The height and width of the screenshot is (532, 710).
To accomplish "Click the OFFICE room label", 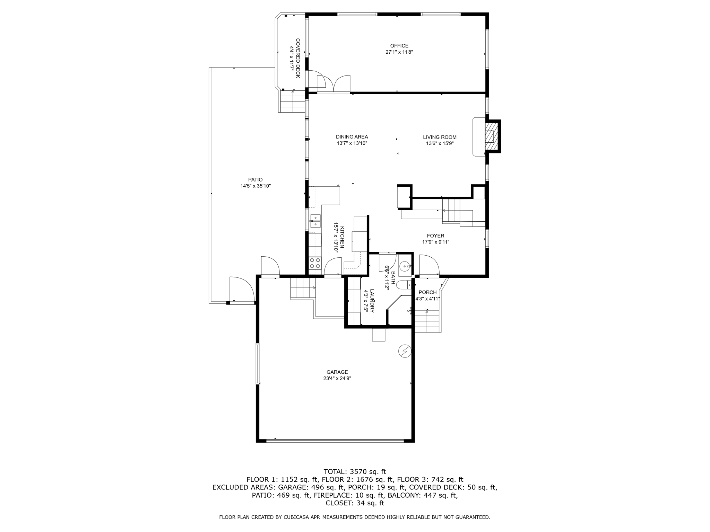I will pos(399,46).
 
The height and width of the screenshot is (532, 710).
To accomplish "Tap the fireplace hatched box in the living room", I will pos(490,136).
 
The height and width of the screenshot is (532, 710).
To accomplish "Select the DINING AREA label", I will pos(352,137).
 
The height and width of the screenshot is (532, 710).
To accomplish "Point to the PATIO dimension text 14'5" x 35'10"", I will pos(256,186).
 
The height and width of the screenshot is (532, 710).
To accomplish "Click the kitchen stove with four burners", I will pos(315,263).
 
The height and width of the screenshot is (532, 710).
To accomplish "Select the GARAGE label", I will pos(337,372).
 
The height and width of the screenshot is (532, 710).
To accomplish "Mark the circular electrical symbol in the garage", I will pos(405,351).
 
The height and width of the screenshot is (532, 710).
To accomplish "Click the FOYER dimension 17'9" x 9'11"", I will pos(435,242).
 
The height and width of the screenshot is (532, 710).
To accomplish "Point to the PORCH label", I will pos(427,292).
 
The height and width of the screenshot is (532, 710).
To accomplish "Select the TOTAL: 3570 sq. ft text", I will pos(355,471).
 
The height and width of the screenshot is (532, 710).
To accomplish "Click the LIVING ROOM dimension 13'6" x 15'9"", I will pos(440,143).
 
